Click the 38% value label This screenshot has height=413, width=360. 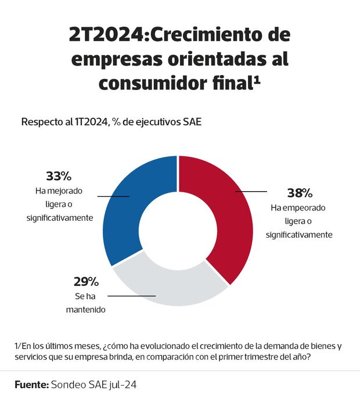point(300,193)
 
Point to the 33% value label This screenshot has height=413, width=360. point(58,176)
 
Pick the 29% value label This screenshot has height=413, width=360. point(86,282)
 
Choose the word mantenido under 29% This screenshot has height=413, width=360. point(85,310)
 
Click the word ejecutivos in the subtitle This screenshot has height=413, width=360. point(159,122)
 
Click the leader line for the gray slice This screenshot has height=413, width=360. point(132,296)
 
